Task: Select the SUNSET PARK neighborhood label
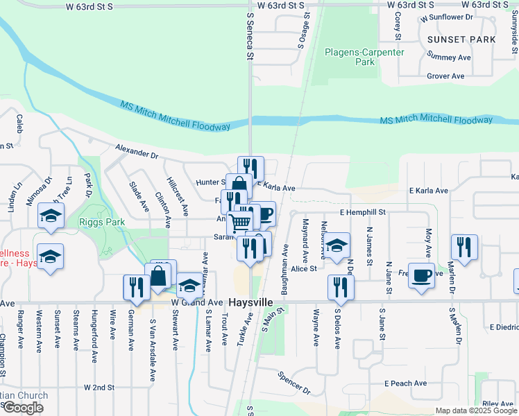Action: pyautogui.click(x=461, y=40)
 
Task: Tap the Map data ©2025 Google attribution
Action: pyautogui.click(x=476, y=410)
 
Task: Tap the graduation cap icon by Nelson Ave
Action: pyautogui.click(x=337, y=246)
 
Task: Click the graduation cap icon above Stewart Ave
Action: pyautogui.click(x=189, y=286)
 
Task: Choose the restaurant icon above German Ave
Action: pyautogui.click(x=137, y=287)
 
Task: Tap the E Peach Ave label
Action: pyautogui.click(x=406, y=383)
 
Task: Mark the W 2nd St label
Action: pyautogui.click(x=99, y=386)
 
